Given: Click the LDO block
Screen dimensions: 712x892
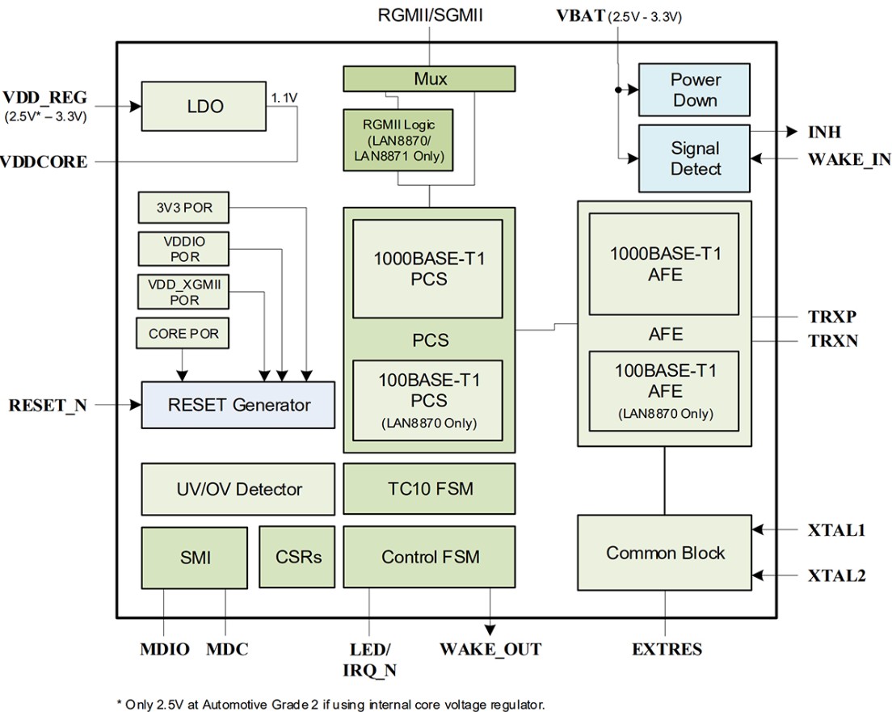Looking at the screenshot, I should point(204,106).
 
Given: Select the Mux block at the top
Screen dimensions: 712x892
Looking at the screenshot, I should point(429,79).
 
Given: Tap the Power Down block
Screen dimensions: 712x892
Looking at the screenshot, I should point(694,90).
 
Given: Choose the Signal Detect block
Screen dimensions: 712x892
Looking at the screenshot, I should point(694,158).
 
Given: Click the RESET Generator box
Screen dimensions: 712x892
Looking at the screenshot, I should point(238,404).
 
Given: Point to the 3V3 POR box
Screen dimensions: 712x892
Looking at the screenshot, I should point(183,208).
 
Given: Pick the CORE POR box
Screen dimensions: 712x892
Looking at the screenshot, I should point(183,333).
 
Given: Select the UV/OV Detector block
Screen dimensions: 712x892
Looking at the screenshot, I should point(238,489).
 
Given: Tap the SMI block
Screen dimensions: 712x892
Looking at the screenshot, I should point(194,557).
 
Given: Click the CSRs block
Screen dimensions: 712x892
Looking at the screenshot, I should point(297,557).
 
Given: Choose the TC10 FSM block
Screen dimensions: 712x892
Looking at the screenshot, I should point(429,489).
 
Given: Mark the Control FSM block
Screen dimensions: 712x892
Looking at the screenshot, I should point(429,557).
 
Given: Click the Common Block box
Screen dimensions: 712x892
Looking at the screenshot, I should point(664,554).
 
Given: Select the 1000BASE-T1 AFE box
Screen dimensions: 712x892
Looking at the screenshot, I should point(664,263).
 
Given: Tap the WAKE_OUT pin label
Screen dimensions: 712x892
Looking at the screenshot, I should point(490,649).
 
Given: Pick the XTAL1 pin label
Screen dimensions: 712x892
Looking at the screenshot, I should point(836,531).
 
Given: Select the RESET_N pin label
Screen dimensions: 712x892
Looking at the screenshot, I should point(48,405).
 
